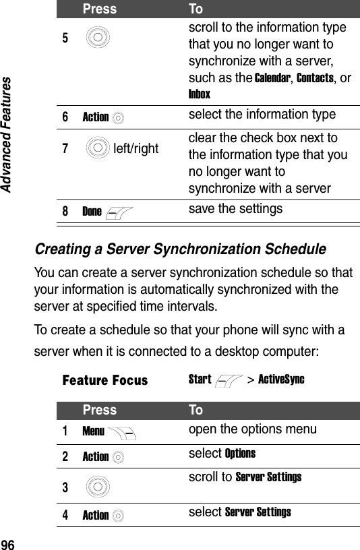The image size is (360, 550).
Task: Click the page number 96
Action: (9, 543)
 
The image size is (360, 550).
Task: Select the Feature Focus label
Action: (104, 380)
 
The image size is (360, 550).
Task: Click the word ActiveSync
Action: (281, 379)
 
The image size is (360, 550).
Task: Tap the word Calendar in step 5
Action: (272, 78)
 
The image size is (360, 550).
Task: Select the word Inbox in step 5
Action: (200, 94)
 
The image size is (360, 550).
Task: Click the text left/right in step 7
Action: (136, 146)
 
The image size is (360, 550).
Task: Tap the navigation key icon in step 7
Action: (98, 146)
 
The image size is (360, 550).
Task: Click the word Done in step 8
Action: (92, 212)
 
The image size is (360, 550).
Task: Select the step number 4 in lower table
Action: (66, 516)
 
